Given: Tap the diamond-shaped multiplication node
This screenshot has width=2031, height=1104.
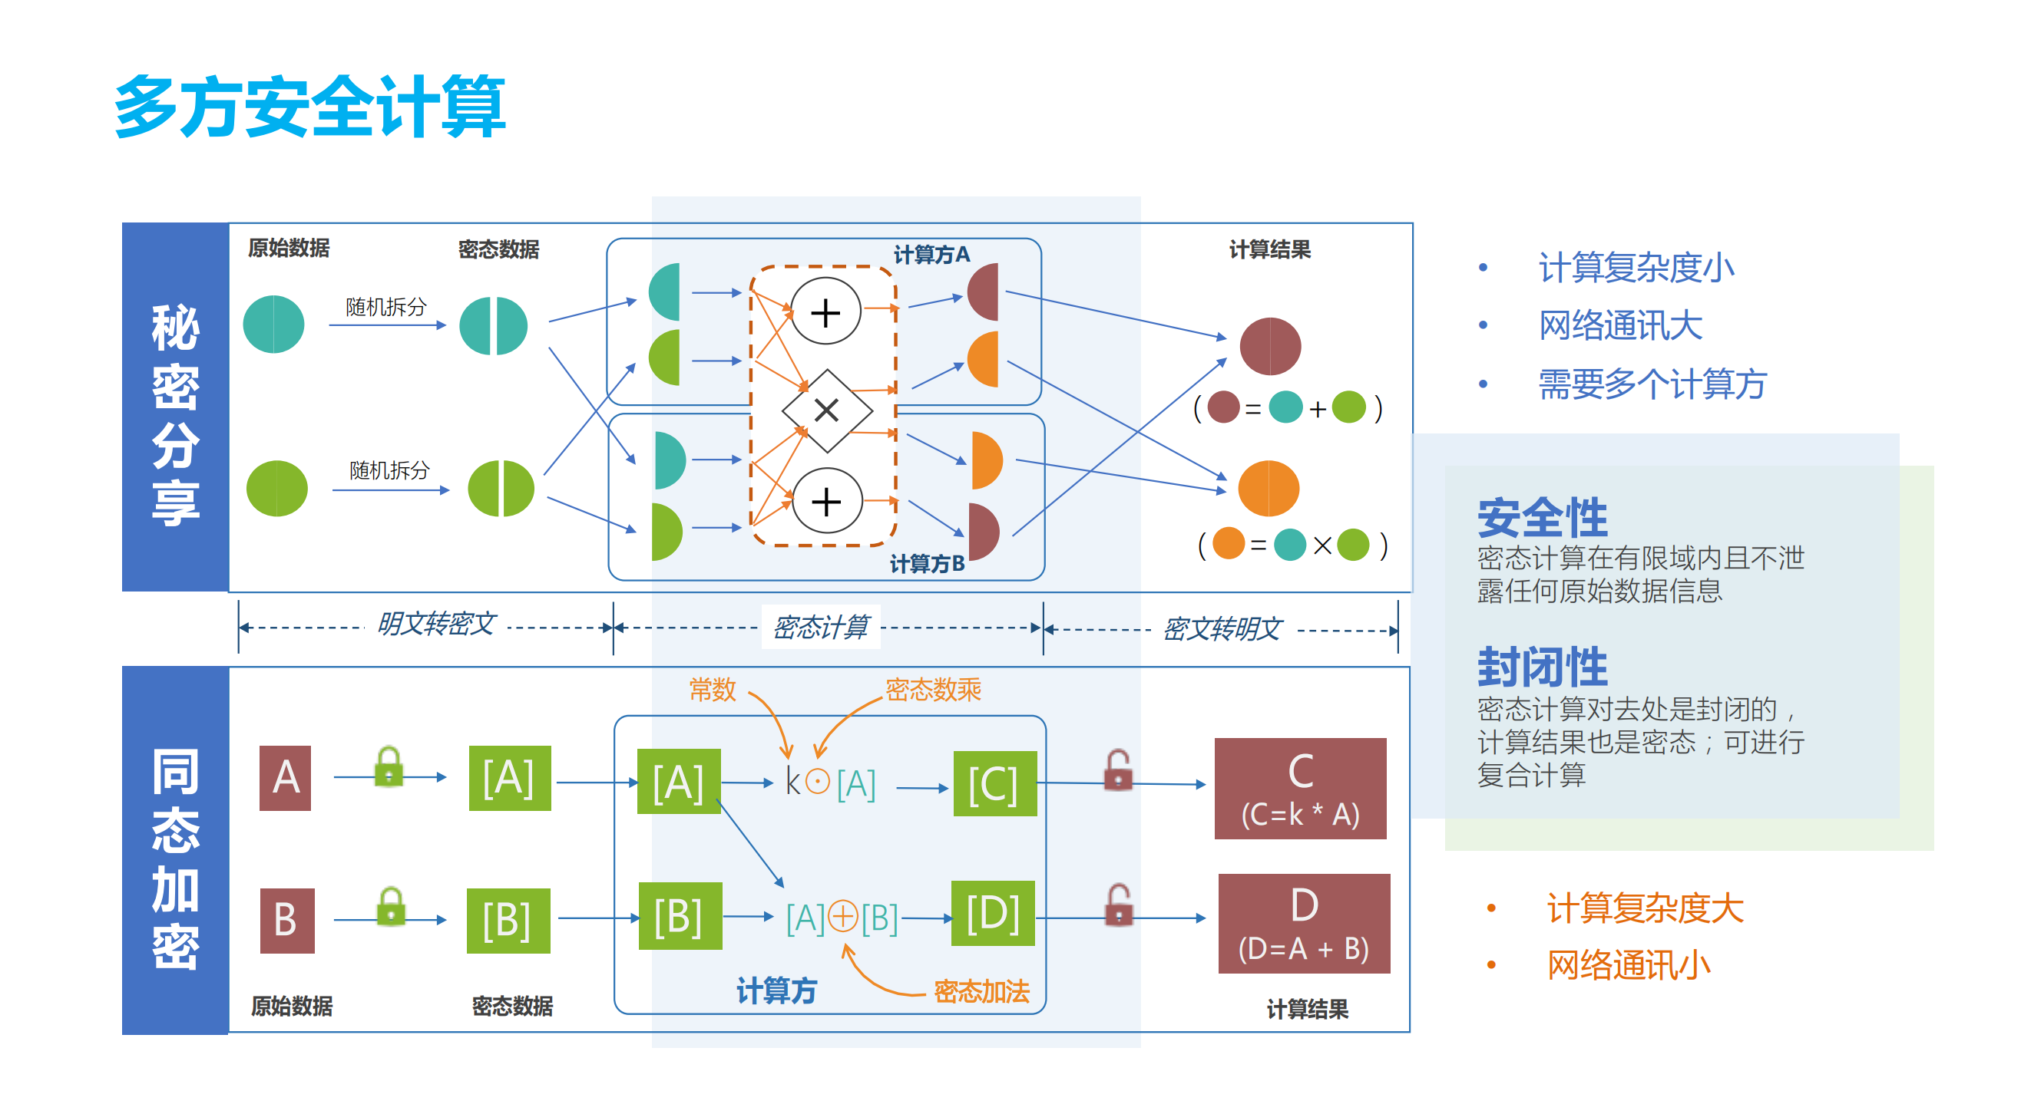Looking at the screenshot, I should click(826, 410).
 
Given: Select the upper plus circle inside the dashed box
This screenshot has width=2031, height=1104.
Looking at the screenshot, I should click(825, 312).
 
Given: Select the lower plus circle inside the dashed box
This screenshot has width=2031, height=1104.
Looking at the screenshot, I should click(826, 501).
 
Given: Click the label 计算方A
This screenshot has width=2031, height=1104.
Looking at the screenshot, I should click(931, 254).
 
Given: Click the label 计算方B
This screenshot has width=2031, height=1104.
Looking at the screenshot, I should click(928, 563).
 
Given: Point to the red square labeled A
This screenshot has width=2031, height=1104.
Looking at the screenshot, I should click(285, 778).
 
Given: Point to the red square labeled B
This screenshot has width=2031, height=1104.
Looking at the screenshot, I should click(287, 920).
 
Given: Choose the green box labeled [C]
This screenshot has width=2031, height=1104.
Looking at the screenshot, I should click(994, 783).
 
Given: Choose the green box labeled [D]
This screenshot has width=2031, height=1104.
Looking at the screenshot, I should click(993, 912).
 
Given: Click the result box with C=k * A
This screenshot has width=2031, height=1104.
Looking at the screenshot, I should click(1299, 788).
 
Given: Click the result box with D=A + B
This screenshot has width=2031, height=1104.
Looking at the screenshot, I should click(1303, 924).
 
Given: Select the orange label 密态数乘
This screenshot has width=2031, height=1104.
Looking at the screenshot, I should click(933, 690).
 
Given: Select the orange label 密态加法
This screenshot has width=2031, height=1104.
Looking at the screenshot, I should click(981, 990).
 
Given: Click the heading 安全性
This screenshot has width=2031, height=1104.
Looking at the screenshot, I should click(1541, 518).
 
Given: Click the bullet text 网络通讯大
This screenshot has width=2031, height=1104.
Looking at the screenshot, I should click(1620, 325).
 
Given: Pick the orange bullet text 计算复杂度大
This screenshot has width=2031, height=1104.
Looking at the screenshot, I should click(1644, 908).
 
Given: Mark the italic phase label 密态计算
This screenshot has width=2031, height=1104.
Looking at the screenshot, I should click(820, 628).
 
